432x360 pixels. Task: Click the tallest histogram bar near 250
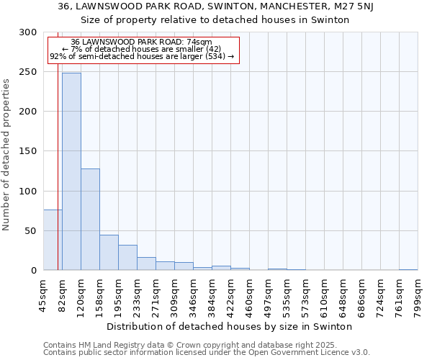point(71,171)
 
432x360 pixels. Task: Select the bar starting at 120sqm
point(90,219)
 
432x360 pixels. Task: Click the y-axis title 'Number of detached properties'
point(6,155)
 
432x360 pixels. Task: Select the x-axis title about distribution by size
point(234,326)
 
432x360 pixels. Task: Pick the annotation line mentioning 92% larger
point(142,56)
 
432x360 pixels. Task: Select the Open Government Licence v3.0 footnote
point(207,353)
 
